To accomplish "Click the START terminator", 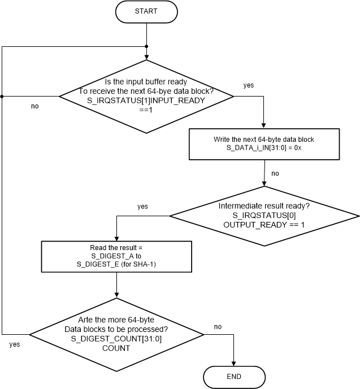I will [146, 11].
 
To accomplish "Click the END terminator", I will [233, 377].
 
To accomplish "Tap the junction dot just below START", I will [147, 46].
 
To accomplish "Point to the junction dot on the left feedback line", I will [2, 97].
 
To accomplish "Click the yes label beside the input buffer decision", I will [248, 85].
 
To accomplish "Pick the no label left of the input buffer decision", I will [35, 106].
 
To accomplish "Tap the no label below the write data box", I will [275, 173].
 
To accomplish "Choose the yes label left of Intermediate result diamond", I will [142, 207].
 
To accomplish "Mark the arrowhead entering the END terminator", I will [233, 364].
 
